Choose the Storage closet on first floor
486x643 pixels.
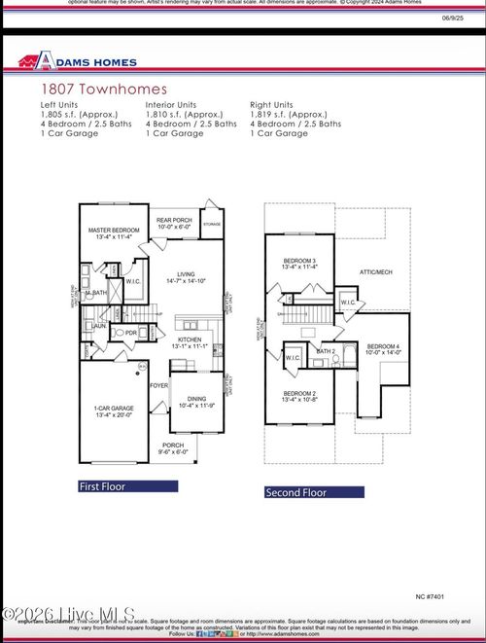tap(211, 222)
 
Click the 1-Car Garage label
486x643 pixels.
tap(113, 411)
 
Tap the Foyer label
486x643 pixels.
tap(158, 385)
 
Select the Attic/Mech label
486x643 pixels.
tap(374, 272)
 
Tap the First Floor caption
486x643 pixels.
tap(103, 485)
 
